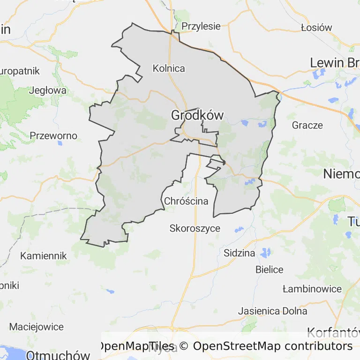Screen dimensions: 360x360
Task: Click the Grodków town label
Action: tap(197, 115)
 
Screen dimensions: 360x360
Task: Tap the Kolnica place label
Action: tap(169, 68)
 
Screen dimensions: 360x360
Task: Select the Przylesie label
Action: tap(201, 26)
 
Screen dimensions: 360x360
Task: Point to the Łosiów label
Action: tap(316, 27)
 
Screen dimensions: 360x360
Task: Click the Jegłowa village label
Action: tap(48, 90)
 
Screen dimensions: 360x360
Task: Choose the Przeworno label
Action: tap(53, 136)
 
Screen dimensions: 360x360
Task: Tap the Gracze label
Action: tap(307, 125)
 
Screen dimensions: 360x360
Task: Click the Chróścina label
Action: tap(186, 202)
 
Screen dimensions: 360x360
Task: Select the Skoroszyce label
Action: tap(195, 229)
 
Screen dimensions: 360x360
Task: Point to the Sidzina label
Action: tap(240, 253)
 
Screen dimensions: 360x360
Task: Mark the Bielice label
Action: tap(270, 270)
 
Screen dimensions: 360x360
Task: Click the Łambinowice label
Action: tap(312, 289)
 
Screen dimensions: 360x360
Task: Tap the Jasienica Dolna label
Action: tap(273, 311)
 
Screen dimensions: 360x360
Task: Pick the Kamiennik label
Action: tap(44, 256)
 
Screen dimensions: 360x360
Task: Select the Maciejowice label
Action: tap(36, 326)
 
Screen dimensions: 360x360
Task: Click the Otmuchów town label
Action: tap(58, 355)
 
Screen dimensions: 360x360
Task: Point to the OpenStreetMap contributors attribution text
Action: tap(272, 346)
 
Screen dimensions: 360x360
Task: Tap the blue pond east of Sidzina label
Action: tap(266, 253)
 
